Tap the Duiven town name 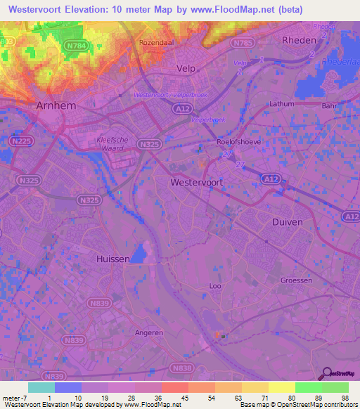point(286,221)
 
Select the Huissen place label point(112,259)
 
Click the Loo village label point(215,286)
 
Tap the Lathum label point(283,103)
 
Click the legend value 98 point(344,398)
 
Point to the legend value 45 point(184,398)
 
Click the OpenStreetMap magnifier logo point(328,373)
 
